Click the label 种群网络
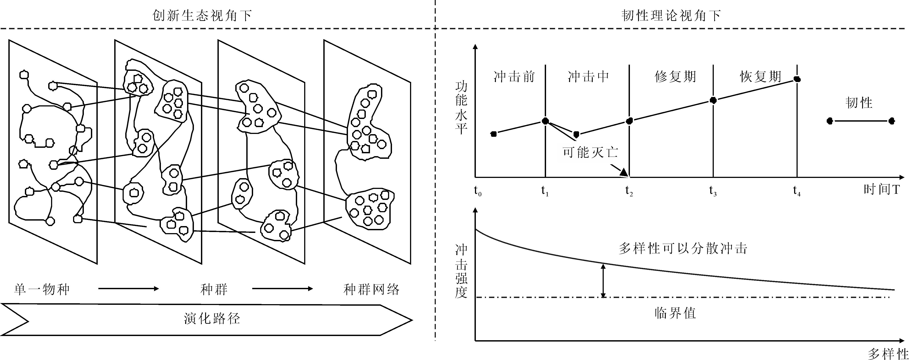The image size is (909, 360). (371, 289)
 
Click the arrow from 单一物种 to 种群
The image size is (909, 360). (129, 289)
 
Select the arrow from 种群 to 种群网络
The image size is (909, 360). (282, 289)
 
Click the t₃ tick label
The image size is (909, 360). (713, 191)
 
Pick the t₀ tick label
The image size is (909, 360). (477, 191)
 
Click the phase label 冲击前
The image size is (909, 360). (514, 77)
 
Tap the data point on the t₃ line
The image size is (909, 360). (713, 100)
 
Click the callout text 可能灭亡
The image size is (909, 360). (590, 152)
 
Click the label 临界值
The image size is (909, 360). (675, 313)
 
